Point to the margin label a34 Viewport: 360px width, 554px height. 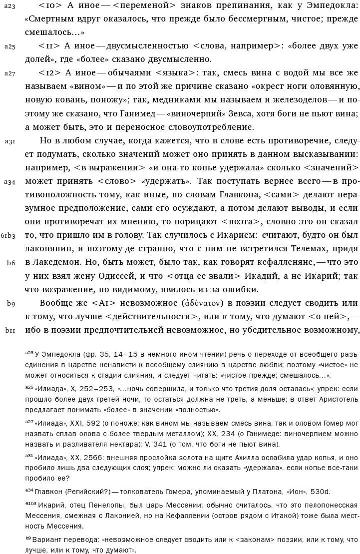point(10,181)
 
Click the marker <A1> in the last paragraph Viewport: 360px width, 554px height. point(103,303)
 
